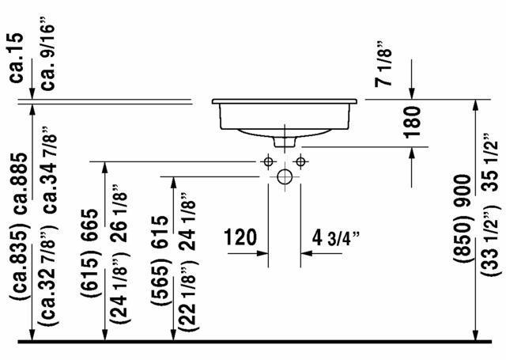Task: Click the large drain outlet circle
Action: pyautogui.click(x=285, y=176)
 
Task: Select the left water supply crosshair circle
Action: pyautogui.click(x=269, y=162)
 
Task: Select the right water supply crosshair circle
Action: pyautogui.click(x=300, y=162)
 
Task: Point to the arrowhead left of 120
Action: pyautogui.click(x=263, y=255)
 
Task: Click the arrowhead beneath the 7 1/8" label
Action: pyautogui.click(x=412, y=94)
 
